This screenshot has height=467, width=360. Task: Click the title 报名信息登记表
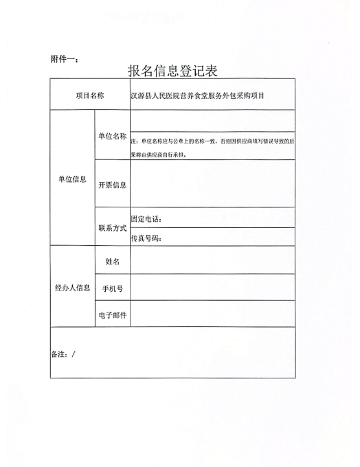pyautogui.click(x=177, y=70)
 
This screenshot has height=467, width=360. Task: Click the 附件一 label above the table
pyautogui.click(x=64, y=59)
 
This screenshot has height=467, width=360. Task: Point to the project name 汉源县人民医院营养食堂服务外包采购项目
pyautogui.click(x=197, y=95)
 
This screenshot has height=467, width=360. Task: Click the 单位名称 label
pyautogui.click(x=112, y=136)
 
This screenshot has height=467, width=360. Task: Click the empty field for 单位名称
pyautogui.click(x=212, y=121)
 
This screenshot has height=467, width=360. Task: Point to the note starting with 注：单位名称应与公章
pyautogui.click(x=212, y=146)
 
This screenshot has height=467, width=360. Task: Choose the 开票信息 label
pyautogui.click(x=112, y=185)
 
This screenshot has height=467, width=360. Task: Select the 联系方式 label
pyautogui.click(x=112, y=227)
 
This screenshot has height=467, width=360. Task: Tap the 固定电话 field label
pyautogui.click(x=146, y=219)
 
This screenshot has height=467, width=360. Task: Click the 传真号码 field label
pyautogui.click(x=146, y=238)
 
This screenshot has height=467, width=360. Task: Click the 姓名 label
pyautogui.click(x=112, y=261)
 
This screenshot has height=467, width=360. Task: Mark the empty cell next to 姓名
pyautogui.click(x=212, y=260)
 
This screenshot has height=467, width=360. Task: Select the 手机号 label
pyautogui.click(x=112, y=288)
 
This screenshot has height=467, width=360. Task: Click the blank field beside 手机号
pyautogui.click(x=212, y=287)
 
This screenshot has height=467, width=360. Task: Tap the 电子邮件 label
pyautogui.click(x=112, y=315)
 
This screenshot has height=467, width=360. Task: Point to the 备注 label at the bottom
pyautogui.click(x=63, y=354)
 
